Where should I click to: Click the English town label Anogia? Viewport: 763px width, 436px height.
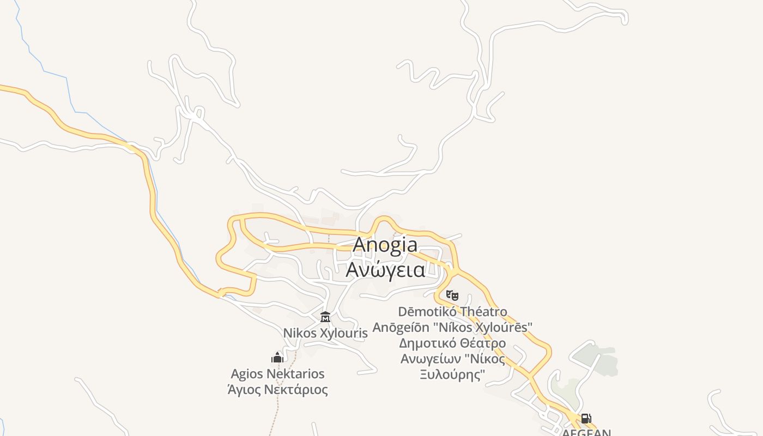[x=385, y=245]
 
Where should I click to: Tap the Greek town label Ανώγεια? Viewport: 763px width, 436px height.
[x=386, y=269]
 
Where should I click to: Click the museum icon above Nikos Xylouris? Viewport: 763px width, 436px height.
[x=325, y=317]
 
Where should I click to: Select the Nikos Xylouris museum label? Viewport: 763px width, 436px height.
[x=325, y=333]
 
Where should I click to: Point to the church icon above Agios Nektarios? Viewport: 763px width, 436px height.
[x=277, y=358]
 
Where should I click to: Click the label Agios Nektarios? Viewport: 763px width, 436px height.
[x=277, y=374]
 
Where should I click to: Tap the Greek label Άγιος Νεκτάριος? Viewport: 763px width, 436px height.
[x=277, y=390]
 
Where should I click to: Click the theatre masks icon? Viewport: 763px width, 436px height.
[x=452, y=295]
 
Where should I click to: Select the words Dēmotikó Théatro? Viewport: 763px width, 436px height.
[x=452, y=312]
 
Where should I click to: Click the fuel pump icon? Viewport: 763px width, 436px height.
[x=586, y=419]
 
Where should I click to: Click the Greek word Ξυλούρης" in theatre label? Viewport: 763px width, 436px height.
[x=452, y=375]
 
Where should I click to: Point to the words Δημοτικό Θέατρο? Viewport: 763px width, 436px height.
[x=452, y=343]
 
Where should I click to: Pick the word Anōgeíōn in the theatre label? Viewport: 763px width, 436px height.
[x=401, y=328]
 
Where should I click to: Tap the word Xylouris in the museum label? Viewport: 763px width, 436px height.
[x=346, y=333]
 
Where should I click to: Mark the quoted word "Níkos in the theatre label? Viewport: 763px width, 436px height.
[x=485, y=359]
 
